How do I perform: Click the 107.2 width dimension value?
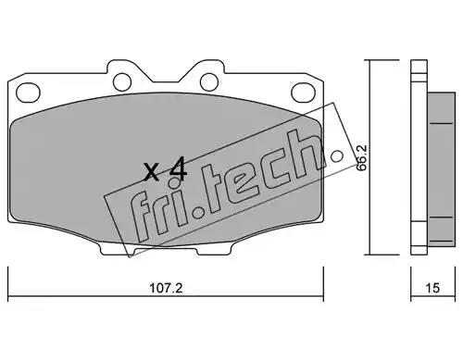(166, 289)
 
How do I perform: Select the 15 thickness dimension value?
(432, 288)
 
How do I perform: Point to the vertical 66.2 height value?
(361, 157)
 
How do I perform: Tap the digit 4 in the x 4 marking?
(178, 168)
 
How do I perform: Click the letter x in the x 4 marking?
(152, 172)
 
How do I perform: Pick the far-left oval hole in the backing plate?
(28, 93)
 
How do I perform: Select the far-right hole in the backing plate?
(303, 93)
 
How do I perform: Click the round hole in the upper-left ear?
(122, 82)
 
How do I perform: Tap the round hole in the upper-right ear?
(209, 82)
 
